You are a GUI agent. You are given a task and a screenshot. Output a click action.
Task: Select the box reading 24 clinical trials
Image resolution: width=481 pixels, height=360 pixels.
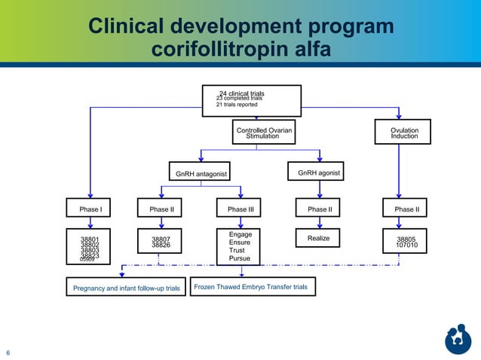pyautogui.click(x=252, y=100)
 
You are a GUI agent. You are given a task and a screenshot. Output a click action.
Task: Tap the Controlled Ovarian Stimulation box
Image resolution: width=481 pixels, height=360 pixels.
pyautogui.click(x=264, y=133)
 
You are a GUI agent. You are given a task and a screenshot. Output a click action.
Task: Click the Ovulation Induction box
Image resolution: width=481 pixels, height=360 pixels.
pyautogui.click(x=405, y=133)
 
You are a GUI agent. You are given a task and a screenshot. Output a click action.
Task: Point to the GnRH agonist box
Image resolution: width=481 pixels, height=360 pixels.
pyautogui.click(x=318, y=173)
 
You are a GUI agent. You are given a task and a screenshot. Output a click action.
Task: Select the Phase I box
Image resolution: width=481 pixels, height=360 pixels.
pyautogui.click(x=90, y=209)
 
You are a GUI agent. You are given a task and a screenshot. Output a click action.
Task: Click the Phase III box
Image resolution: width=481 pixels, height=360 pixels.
pyautogui.click(x=240, y=209)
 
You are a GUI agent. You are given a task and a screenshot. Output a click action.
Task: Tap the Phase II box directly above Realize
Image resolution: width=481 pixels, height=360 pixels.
pyautogui.click(x=320, y=209)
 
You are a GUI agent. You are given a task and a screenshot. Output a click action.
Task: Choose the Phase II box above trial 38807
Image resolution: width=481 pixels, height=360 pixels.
pyautogui.click(x=160, y=209)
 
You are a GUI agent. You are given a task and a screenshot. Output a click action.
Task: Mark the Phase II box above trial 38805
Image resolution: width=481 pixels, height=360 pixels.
pyautogui.click(x=405, y=209)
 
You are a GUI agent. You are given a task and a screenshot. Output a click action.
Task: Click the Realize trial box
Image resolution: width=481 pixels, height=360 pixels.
pyautogui.click(x=319, y=239)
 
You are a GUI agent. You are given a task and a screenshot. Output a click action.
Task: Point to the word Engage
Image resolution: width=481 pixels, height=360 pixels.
pyautogui.click(x=240, y=235)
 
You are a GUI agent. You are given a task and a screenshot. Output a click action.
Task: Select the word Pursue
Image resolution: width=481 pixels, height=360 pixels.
pyautogui.click(x=239, y=259)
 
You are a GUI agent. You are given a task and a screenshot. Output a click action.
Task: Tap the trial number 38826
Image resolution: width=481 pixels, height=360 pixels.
pyautogui.click(x=160, y=246)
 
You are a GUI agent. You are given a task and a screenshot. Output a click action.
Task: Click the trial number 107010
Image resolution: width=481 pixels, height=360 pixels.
pyautogui.click(x=406, y=246)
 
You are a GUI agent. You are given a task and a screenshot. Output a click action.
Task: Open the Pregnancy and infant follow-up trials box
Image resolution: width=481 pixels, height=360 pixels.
pyautogui.click(x=126, y=288)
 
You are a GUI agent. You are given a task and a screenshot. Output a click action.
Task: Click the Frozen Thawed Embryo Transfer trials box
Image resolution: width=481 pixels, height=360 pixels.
pyautogui.click(x=252, y=287)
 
